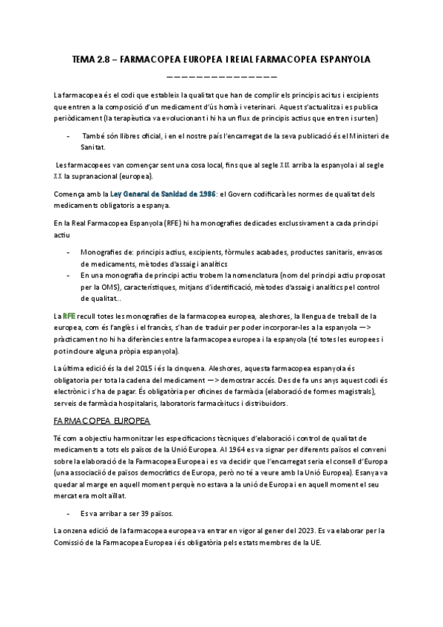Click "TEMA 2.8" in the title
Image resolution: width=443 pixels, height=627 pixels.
coord(89,58)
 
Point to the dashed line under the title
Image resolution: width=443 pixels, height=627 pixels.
coord(222,75)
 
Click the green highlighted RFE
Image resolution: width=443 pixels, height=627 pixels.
coord(69,316)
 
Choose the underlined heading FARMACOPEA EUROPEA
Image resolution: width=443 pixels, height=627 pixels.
coord(101,421)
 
